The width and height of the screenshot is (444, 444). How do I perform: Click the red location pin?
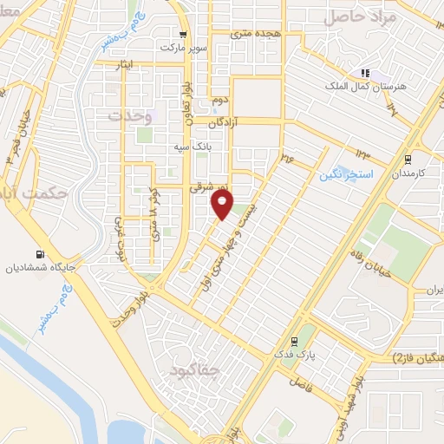pyautogui.click(x=223, y=204)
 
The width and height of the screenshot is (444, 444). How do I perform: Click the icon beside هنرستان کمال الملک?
pyautogui.click(x=366, y=73)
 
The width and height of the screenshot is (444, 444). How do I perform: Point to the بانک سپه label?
pyautogui.click(x=215, y=147)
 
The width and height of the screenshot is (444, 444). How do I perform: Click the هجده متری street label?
pyautogui.click(x=252, y=33)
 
